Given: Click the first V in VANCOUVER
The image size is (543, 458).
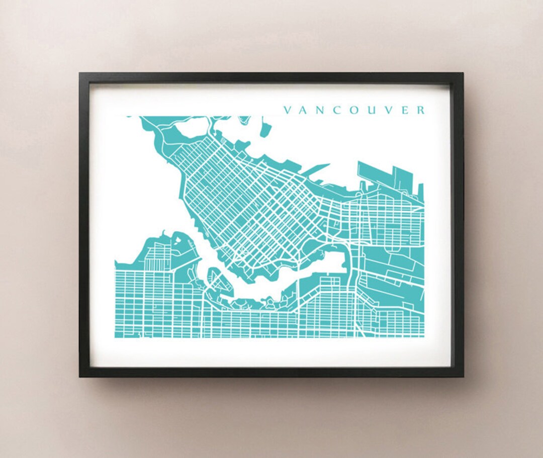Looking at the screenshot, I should pyautogui.click(x=288, y=110).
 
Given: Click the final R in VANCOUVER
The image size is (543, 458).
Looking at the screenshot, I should pyautogui.click(x=420, y=110).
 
